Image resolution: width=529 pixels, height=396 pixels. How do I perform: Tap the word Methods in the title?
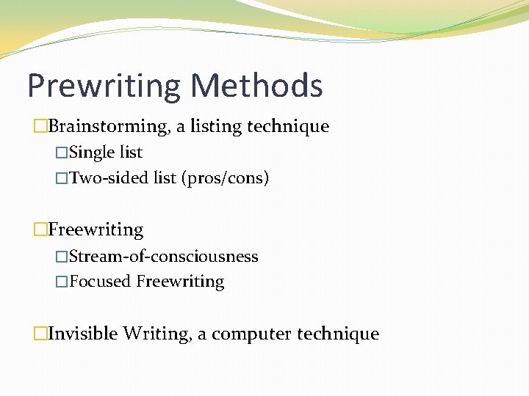pos(256,85)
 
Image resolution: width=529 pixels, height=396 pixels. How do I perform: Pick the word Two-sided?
pos(109,177)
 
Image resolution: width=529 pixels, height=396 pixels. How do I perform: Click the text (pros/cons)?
pos(226,178)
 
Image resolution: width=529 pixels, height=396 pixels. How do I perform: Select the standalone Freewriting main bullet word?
pos(96,230)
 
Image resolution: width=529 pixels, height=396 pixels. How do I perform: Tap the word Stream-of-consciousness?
pos(163,257)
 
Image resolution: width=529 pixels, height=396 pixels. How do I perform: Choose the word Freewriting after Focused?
pos(180,282)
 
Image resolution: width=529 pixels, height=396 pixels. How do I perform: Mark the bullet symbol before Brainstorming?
pos(40,127)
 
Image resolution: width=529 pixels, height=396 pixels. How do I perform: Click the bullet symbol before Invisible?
pos(40,334)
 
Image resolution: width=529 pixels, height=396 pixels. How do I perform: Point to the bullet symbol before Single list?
pos(62,153)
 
